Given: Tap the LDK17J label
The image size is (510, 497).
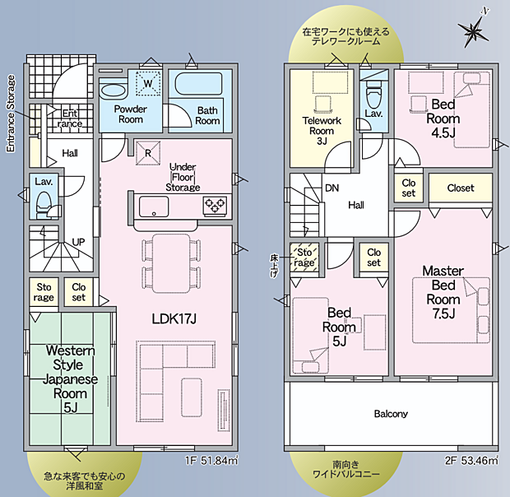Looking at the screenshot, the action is pos(174,318).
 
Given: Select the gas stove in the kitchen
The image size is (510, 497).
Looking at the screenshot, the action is pos(215,206).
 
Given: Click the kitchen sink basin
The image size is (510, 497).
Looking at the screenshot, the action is pos(154,207).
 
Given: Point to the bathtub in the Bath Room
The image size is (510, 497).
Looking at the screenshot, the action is pos(198,84).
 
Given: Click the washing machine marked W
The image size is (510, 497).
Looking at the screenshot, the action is pos(148,83).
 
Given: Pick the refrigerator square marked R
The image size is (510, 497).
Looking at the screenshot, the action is pos(148,153).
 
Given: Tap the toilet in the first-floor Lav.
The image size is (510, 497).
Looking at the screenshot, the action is pos(43,204).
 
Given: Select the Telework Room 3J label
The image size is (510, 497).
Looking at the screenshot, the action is pos(322,131).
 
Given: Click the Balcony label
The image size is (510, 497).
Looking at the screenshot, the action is pos(391,414).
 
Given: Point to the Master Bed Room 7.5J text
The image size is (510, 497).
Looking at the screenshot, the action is pos(443,292).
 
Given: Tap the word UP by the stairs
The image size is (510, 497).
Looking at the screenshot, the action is pos(78,242).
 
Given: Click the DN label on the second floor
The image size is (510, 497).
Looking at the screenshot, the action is pos(331,188).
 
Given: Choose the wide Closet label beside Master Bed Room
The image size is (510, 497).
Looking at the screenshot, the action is pos(461,188).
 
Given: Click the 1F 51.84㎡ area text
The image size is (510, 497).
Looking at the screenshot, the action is pos(211,461).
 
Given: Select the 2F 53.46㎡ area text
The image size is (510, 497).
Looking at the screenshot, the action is pos(471,461).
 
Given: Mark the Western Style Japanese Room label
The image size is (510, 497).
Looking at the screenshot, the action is pos(70,379).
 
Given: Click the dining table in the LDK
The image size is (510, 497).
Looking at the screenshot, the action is pos(171,264).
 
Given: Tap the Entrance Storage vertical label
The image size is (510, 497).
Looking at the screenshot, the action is pos(11,114).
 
